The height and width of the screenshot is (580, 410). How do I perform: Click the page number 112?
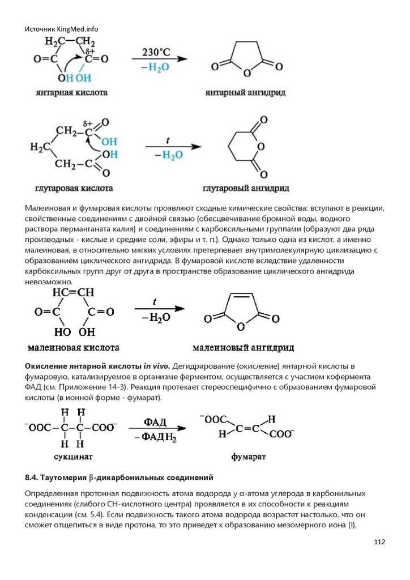(379, 543)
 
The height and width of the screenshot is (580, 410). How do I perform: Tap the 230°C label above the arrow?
(156, 51)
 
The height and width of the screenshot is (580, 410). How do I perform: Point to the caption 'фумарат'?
(249, 456)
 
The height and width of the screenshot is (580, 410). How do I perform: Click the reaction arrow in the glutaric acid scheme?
(173, 147)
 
